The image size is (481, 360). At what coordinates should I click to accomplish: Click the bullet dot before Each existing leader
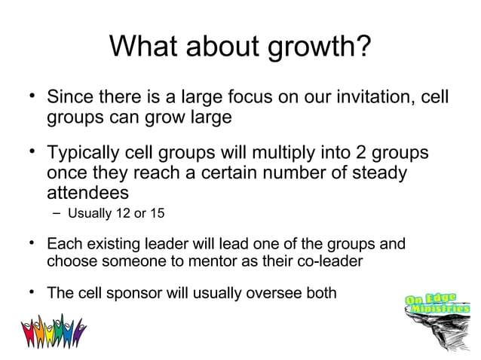(x=32, y=243)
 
